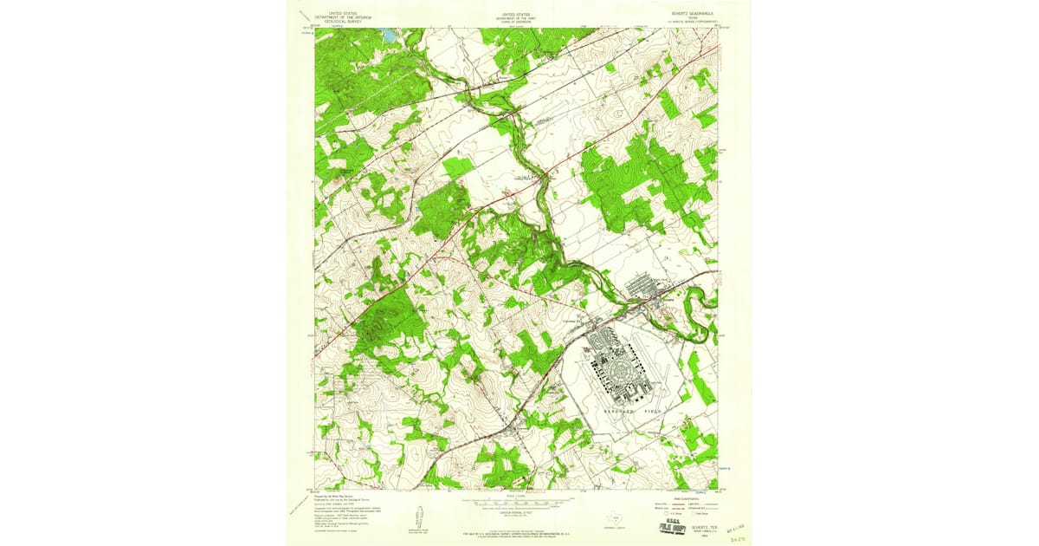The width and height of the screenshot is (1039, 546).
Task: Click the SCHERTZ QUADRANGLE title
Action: click(x=690, y=15)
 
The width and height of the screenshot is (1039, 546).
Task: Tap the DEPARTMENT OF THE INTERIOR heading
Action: click(x=344, y=17)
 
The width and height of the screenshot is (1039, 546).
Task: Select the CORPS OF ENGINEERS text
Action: click(x=517, y=22)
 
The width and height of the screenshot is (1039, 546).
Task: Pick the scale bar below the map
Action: click(x=519, y=500)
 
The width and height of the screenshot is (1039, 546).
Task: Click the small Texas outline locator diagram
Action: click(x=616, y=514)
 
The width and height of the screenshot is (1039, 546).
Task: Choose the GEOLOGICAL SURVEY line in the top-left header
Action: click(x=344, y=22)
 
